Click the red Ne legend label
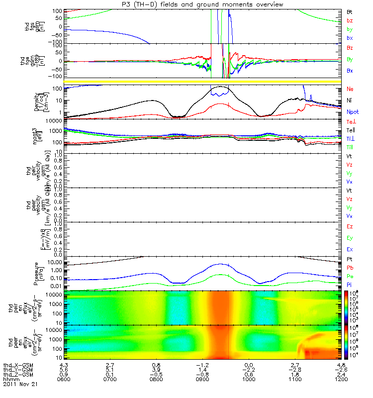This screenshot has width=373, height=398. click(350, 89)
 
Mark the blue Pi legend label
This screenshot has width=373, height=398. click(349, 284)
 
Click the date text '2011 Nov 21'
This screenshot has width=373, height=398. click(20, 384)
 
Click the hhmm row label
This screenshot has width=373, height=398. click(11, 379)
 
